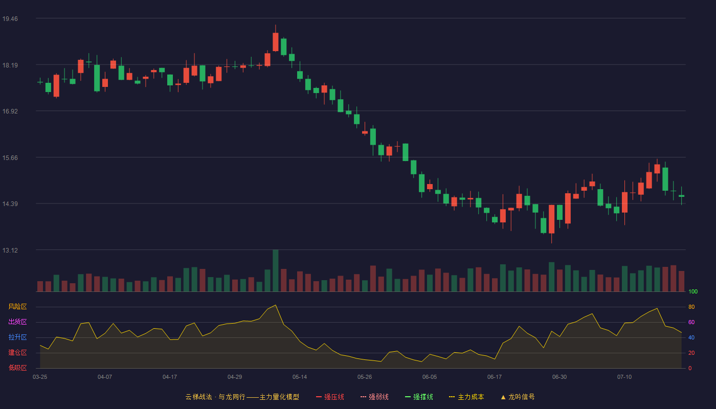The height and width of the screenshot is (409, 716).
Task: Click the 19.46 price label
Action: click(x=10, y=19)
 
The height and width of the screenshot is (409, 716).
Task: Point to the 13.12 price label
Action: click(x=10, y=250)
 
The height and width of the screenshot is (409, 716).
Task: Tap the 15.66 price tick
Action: click(x=10, y=158)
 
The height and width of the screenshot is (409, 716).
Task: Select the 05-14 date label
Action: click(x=300, y=377)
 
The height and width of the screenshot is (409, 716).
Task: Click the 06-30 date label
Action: click(x=560, y=377)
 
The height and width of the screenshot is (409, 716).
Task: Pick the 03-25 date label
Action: click(x=40, y=377)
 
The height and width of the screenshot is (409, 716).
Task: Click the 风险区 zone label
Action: click(x=17, y=307)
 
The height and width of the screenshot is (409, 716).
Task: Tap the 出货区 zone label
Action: click(x=17, y=322)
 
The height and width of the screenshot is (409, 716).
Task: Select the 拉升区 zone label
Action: click(x=17, y=337)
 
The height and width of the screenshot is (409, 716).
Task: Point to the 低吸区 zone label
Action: click(x=17, y=368)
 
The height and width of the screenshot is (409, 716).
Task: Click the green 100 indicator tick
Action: click(x=693, y=291)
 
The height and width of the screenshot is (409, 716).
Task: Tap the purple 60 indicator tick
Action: click(x=691, y=322)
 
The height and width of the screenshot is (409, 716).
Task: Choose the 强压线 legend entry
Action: click(x=330, y=397)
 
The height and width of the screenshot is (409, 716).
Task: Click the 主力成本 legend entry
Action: click(x=466, y=397)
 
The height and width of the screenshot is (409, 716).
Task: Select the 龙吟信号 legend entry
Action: click(x=518, y=397)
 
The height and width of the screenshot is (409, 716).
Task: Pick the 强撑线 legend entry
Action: click(x=419, y=397)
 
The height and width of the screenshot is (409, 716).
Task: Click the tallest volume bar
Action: click(x=276, y=270)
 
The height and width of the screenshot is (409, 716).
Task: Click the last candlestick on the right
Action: click(x=681, y=195)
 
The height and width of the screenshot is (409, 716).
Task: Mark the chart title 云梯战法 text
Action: click(x=198, y=397)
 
